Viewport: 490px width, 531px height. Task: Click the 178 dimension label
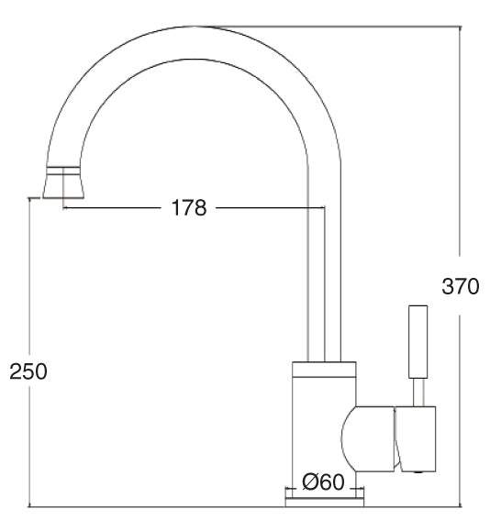click(189, 207)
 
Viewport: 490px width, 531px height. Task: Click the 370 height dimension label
click(461, 286)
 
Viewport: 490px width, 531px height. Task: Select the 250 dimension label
click(28, 371)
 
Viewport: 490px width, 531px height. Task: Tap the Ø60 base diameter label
click(323, 481)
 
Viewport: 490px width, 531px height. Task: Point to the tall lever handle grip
click(418, 342)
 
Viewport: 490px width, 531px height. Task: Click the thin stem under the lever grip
click(418, 393)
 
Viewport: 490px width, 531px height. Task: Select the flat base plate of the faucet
click(325, 503)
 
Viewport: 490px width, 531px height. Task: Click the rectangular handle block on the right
click(416, 438)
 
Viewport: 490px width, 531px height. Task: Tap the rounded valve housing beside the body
click(367, 438)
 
